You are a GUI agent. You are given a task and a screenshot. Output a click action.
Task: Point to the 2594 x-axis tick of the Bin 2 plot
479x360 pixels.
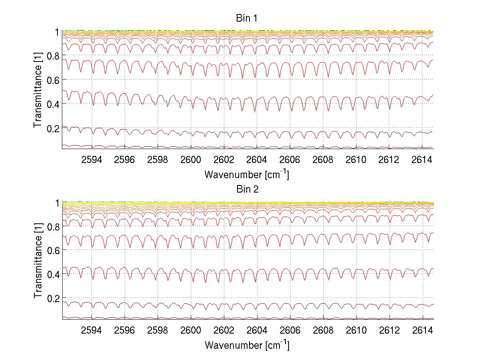[x=92, y=330]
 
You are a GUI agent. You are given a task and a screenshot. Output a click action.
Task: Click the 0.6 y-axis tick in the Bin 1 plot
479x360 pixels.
[x=53, y=80]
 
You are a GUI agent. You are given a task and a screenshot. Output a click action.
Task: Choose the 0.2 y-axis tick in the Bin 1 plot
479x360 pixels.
[x=53, y=128]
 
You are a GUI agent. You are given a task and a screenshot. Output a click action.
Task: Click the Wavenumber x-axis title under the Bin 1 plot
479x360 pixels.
[x=246, y=174]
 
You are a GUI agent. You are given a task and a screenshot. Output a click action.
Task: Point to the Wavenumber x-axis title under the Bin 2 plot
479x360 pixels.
[x=246, y=345]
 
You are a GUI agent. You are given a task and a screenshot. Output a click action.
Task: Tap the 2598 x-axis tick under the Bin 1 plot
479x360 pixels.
[x=158, y=160]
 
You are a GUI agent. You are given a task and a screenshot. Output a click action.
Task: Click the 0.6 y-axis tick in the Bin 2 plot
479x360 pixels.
[x=53, y=250]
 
